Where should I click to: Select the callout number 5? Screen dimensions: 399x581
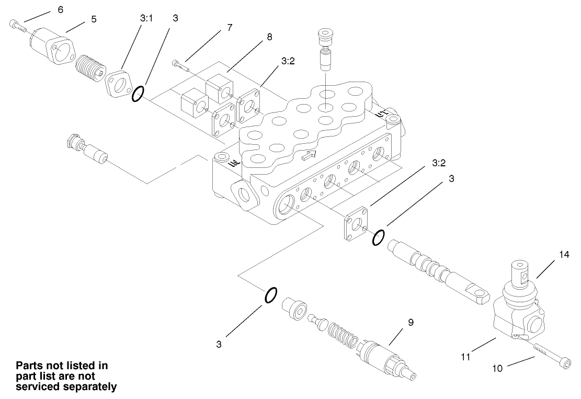[94, 18]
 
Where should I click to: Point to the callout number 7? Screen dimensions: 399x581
[229, 28]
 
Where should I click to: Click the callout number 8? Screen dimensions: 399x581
[269, 37]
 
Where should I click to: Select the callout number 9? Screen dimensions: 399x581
[411, 322]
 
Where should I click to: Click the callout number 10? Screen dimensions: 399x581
[497, 368]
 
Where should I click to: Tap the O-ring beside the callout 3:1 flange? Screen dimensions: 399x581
[138, 94]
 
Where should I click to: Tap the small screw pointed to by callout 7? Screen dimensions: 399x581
[179, 65]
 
